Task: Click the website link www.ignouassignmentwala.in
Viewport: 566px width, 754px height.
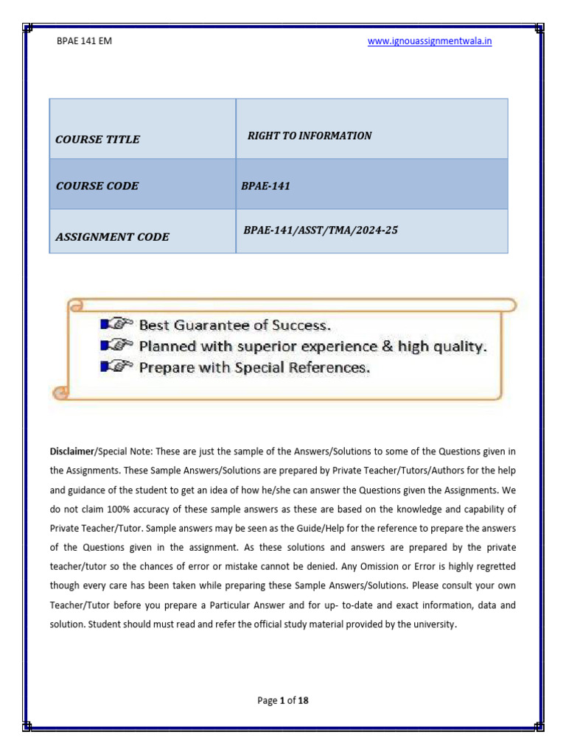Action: pyautogui.click(x=430, y=41)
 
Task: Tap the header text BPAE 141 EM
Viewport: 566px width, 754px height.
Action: pyautogui.click(x=84, y=41)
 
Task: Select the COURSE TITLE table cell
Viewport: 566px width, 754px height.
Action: pyautogui.click(x=98, y=139)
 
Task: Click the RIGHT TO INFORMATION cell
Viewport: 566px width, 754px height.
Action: pyautogui.click(x=310, y=135)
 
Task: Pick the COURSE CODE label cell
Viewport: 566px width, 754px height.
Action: pyautogui.click(x=97, y=186)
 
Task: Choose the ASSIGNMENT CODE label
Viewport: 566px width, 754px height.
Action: pyautogui.click(x=113, y=236)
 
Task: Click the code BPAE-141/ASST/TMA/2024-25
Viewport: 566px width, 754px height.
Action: pyautogui.click(x=321, y=230)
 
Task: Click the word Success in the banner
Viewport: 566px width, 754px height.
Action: pyautogui.click(x=302, y=324)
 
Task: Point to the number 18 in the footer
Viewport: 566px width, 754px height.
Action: pyautogui.click(x=303, y=700)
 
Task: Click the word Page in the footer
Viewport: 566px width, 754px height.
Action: pyautogui.click(x=267, y=700)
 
